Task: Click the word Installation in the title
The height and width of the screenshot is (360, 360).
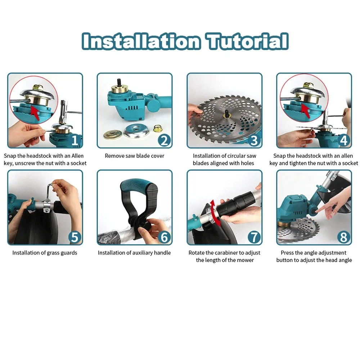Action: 141,41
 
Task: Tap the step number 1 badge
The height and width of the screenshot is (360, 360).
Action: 75,140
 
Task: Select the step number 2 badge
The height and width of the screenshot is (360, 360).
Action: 165,140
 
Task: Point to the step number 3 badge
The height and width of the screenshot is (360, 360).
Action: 254,140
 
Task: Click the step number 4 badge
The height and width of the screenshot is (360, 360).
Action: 344,140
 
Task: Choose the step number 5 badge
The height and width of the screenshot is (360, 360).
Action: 75,237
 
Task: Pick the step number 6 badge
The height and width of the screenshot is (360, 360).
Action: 165,237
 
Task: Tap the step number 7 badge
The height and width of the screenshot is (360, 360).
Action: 254,237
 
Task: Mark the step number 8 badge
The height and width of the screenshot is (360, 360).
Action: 344,237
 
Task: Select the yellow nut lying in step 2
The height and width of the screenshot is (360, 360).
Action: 158,129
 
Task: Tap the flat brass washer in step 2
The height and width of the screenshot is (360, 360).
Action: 113,134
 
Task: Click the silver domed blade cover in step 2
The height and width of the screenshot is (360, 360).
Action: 136,131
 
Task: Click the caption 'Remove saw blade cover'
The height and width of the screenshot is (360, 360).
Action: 135,156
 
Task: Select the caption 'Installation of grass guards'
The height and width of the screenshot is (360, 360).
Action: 45,253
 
